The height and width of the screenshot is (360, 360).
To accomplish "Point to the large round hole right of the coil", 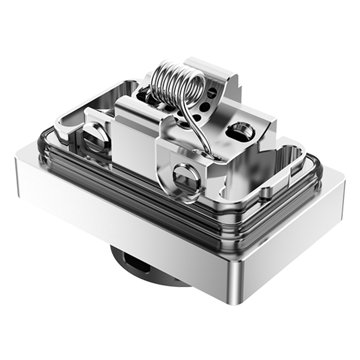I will click(x=238, y=131).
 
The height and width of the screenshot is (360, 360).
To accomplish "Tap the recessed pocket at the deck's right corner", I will click(x=288, y=158).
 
